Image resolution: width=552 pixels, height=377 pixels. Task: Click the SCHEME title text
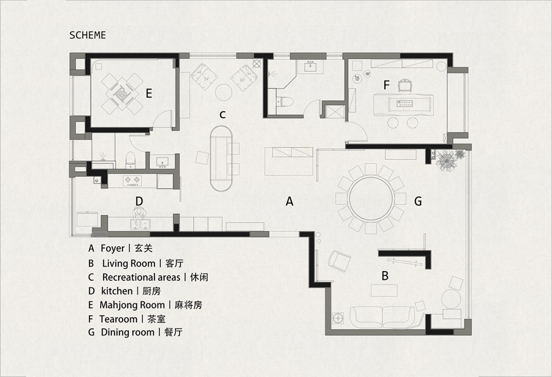(x=88, y=35)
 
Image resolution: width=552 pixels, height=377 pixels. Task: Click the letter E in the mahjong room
(x=149, y=93)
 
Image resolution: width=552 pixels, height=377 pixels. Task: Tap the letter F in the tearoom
(x=386, y=85)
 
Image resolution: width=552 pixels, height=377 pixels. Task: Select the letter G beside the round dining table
(x=418, y=201)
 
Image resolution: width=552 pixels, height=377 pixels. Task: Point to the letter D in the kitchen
(x=139, y=201)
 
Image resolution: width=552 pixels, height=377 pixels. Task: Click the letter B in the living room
(x=385, y=276)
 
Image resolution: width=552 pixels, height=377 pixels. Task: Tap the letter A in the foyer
(x=289, y=201)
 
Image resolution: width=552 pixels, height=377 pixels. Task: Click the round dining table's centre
(x=371, y=199)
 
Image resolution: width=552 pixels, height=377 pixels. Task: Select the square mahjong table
(x=120, y=93)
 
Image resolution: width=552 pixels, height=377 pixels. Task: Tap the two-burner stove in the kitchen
(x=131, y=180)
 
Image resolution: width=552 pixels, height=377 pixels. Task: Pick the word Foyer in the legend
(x=112, y=248)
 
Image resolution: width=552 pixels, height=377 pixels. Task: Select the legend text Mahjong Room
(x=132, y=305)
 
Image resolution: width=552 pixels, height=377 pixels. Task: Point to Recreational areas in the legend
(x=141, y=277)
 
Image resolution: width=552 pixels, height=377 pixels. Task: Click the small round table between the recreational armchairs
(x=223, y=92)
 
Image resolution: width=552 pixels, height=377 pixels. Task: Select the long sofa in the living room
(x=383, y=316)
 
